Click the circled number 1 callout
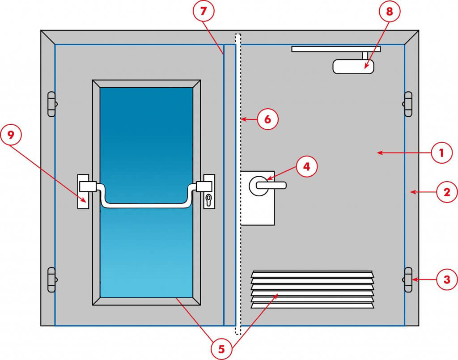(x=441, y=153)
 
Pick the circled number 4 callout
(x=306, y=167)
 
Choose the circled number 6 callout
(x=267, y=119)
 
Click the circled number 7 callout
(x=204, y=12)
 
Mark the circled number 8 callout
(x=390, y=12)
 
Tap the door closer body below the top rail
(x=353, y=67)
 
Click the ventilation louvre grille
(x=312, y=289)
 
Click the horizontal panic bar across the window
(x=148, y=205)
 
